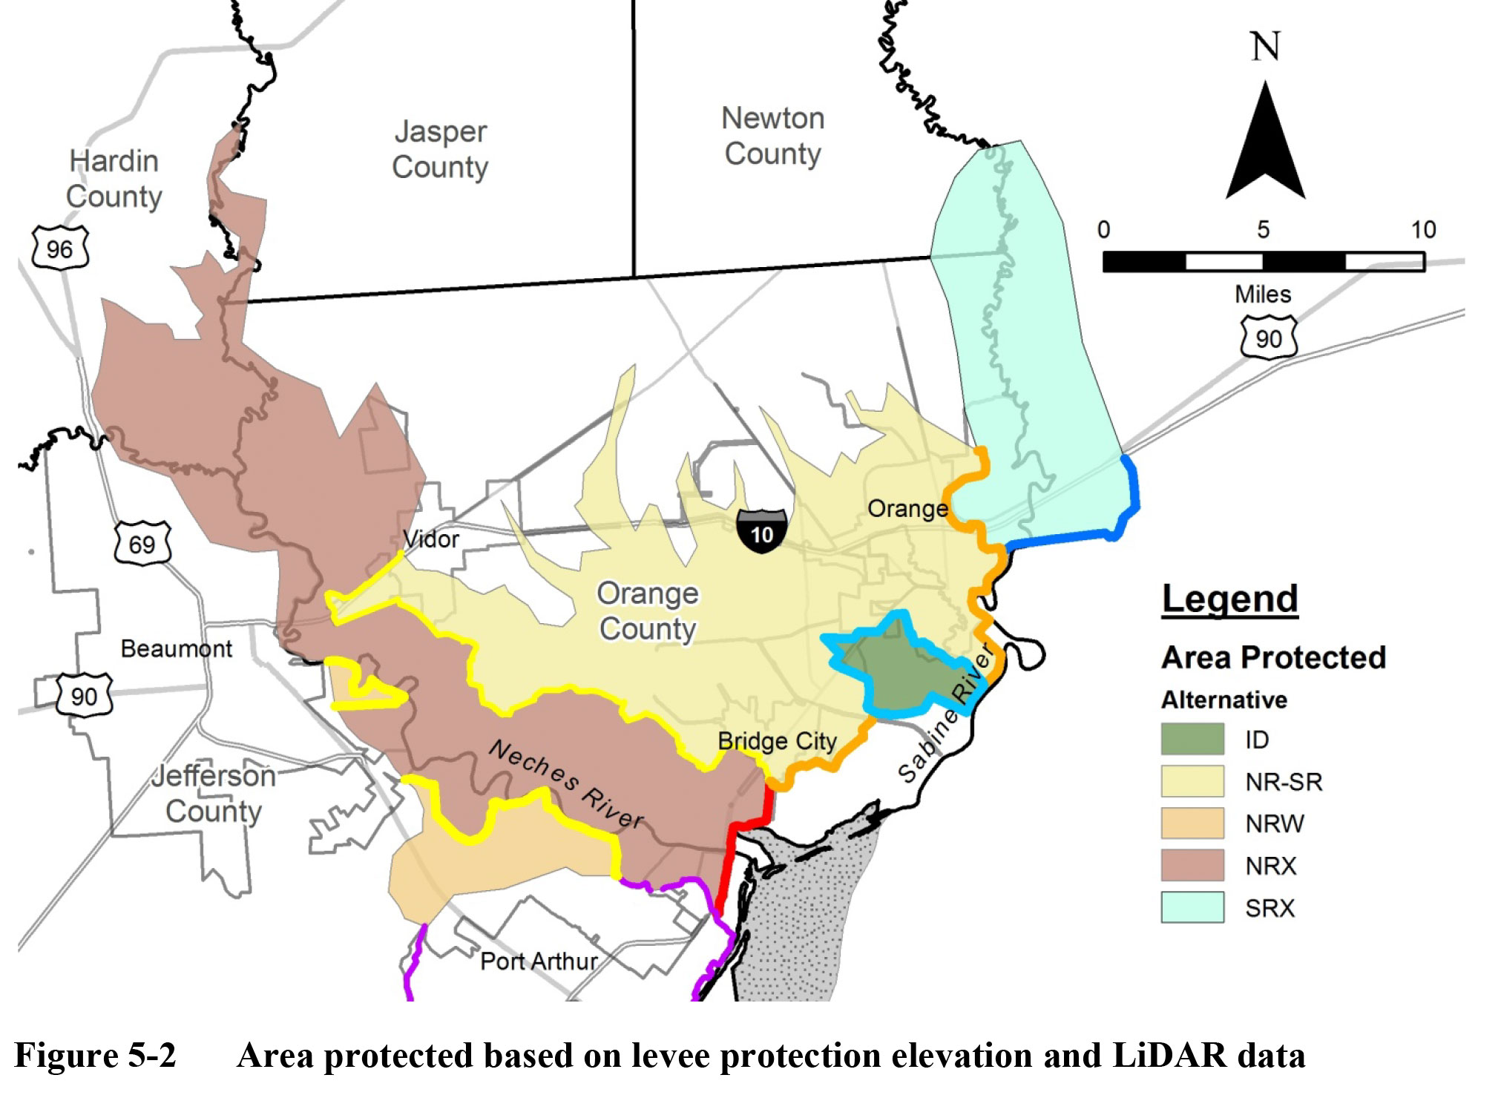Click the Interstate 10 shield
(x=761, y=530)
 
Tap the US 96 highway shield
(x=60, y=248)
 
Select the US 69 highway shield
(x=142, y=543)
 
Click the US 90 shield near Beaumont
(x=84, y=695)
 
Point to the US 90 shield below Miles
(x=1269, y=338)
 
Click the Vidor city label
(x=431, y=539)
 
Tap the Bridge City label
(x=777, y=741)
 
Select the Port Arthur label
(x=539, y=961)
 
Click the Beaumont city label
(x=177, y=648)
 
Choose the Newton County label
(x=772, y=136)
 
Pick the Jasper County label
(x=440, y=149)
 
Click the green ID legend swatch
(x=1192, y=739)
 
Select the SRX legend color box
(x=1192, y=907)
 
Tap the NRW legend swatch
(x=1192, y=823)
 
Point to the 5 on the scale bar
(x=1263, y=230)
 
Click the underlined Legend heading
(x=1229, y=599)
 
